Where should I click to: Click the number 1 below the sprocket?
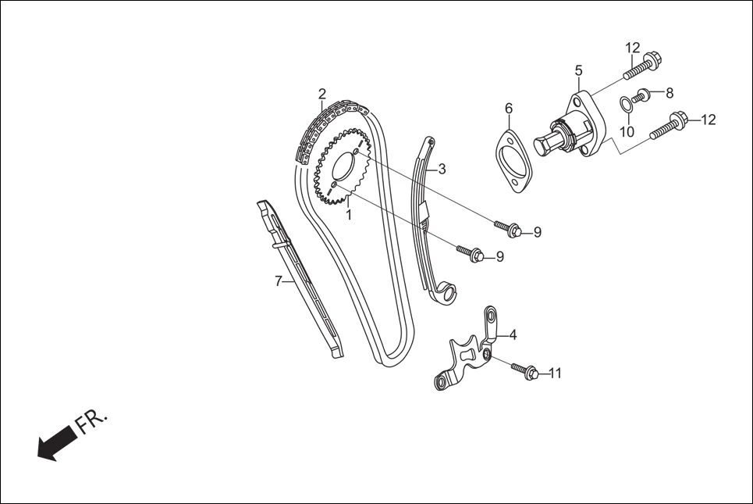coord(349,213)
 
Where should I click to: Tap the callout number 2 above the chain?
coord(321,95)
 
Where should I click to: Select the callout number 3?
coord(442,169)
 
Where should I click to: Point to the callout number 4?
coord(513,335)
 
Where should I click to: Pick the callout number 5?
coord(578,71)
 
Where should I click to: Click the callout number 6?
coord(508,108)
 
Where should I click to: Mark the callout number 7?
coord(278,281)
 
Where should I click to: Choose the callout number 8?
coord(670,93)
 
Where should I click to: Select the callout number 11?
coord(555,374)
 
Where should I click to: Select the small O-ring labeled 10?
coord(626,103)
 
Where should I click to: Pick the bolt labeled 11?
coord(524,370)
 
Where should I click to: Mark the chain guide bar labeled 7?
coord(300,281)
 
